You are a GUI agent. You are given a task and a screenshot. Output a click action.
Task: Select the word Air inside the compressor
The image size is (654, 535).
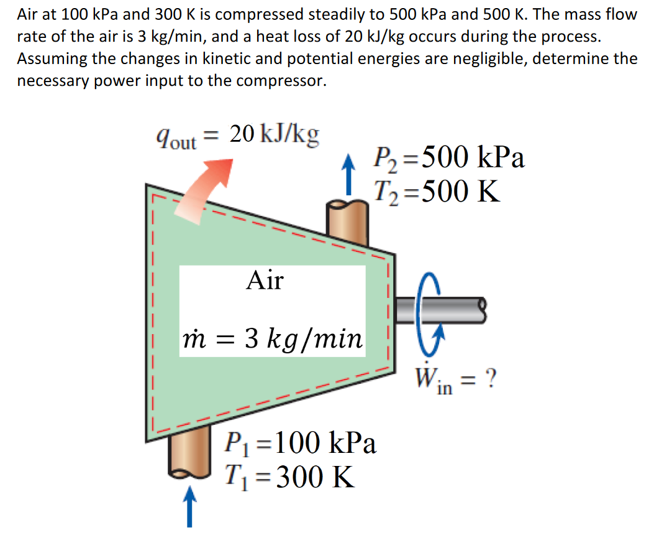pyautogui.click(x=264, y=281)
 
